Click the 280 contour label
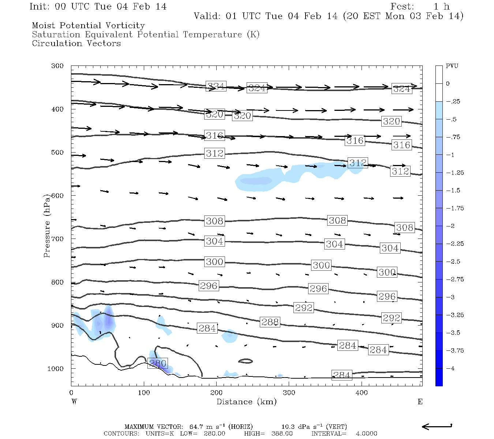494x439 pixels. click(158, 363)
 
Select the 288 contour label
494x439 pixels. click(270, 322)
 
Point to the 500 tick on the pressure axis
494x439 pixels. click(57, 153)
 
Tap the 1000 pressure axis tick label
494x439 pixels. click(56, 369)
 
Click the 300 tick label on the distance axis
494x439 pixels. click(289, 393)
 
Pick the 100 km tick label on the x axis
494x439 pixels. click(144, 393)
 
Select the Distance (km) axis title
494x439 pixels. click(246, 402)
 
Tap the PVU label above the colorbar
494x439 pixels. click(452, 66)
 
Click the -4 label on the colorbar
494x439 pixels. click(450, 368)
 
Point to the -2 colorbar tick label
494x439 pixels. click(450, 226)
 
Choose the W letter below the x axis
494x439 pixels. click(74, 402)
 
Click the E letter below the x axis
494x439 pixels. click(420, 402)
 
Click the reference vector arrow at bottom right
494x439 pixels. click(437, 426)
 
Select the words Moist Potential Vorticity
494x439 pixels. click(88, 26)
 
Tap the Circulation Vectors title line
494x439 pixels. click(76, 44)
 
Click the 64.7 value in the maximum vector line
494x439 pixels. click(196, 427)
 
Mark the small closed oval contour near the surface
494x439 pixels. click(246, 361)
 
